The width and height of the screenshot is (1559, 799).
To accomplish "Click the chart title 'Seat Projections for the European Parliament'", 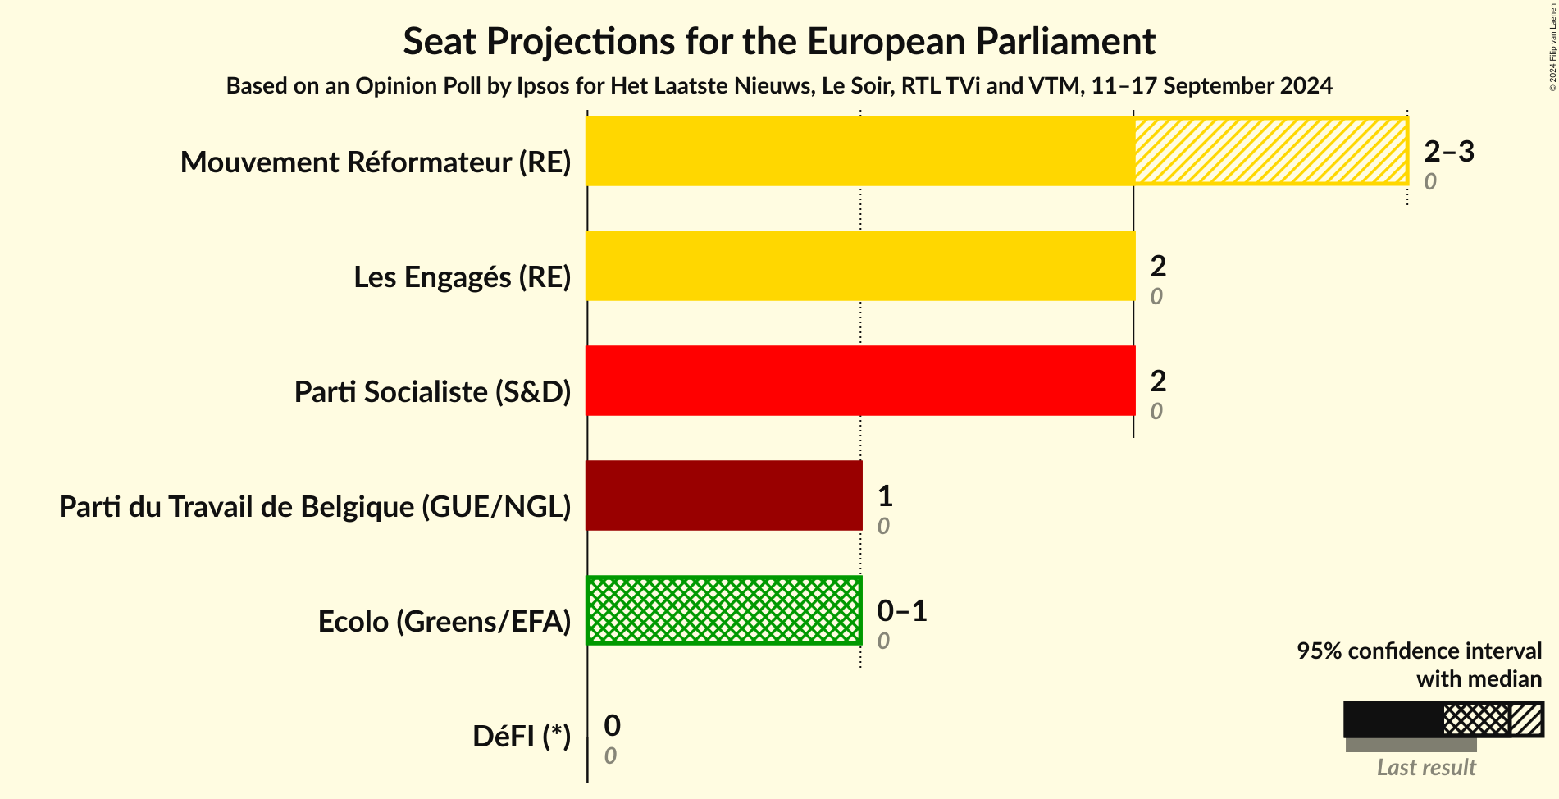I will pyautogui.click(x=778, y=42).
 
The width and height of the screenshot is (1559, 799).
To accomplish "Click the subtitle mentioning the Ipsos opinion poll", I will pyautogui.click(x=778, y=85).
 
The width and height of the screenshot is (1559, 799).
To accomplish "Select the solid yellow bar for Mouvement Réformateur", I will pyautogui.click(x=859, y=151).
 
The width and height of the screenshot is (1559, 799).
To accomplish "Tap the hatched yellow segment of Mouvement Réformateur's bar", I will pyautogui.click(x=1270, y=151).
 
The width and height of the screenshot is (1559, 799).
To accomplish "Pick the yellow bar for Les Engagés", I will pyautogui.click(x=859, y=266).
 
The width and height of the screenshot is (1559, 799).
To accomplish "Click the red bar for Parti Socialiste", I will pyautogui.click(x=859, y=381).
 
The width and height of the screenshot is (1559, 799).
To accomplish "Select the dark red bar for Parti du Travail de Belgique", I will pyautogui.click(x=723, y=495).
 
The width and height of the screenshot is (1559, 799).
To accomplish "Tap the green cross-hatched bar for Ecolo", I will pyautogui.click(x=723, y=610).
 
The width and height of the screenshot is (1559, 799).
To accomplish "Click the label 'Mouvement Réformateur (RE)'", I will pyautogui.click(x=376, y=162).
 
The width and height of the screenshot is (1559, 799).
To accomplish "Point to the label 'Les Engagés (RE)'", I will pyautogui.click(x=462, y=277).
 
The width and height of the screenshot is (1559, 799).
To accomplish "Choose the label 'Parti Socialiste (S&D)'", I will pyautogui.click(x=432, y=392).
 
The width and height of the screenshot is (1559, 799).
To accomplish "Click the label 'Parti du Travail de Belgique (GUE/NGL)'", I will pyautogui.click(x=315, y=507).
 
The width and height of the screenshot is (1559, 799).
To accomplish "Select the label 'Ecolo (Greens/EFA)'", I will pyautogui.click(x=444, y=622).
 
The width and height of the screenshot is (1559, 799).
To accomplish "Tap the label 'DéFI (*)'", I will pyautogui.click(x=521, y=737).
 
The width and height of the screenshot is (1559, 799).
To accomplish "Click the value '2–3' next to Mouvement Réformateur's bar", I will pyautogui.click(x=1448, y=151).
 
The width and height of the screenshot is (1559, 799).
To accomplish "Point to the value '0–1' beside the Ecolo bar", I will pyautogui.click(x=901, y=610).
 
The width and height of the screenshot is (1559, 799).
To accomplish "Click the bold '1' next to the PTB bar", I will pyautogui.click(x=884, y=495).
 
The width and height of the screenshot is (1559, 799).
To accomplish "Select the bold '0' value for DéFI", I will pyautogui.click(x=612, y=725).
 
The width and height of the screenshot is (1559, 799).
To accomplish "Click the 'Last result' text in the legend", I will pyautogui.click(x=1425, y=767).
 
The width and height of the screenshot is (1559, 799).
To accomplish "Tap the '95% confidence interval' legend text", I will pyautogui.click(x=1418, y=651).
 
